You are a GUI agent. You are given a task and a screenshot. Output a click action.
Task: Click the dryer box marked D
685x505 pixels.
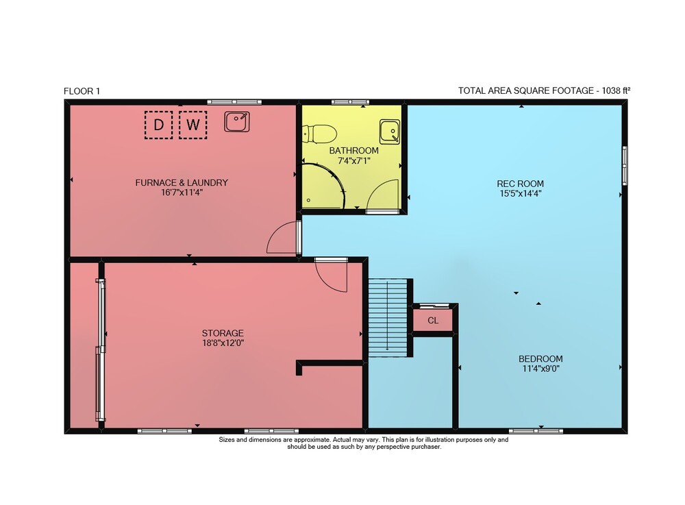[x=158, y=125]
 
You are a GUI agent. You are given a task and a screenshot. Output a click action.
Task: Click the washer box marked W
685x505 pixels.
[x=192, y=125]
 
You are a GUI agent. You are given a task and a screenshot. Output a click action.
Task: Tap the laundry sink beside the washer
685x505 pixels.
[x=237, y=121]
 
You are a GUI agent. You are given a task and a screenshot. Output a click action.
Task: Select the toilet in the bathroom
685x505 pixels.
[x=319, y=134]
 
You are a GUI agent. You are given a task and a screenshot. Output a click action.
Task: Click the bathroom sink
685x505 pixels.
[x=390, y=132]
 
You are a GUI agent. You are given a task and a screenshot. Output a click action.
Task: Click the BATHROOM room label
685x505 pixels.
[x=354, y=151]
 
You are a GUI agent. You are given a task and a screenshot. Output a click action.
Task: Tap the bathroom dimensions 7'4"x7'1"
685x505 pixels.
[x=354, y=161]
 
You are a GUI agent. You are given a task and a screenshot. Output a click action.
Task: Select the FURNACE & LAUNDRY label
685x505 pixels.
[x=182, y=182]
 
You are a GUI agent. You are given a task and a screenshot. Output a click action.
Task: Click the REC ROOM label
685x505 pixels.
[x=521, y=184]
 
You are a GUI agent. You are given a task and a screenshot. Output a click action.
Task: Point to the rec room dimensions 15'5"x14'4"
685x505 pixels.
[x=521, y=193]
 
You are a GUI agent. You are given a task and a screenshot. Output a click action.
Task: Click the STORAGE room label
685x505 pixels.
[x=223, y=333]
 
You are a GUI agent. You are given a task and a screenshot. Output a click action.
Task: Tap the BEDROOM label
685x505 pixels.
[x=540, y=358]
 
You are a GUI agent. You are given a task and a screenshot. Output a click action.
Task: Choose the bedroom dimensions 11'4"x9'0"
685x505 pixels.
[x=541, y=369]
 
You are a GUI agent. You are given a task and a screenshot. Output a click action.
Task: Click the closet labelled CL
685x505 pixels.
[x=433, y=320]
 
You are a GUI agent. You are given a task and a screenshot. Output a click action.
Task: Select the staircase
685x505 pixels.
[x=388, y=317]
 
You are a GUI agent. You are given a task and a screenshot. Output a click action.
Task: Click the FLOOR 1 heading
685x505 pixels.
[x=82, y=91]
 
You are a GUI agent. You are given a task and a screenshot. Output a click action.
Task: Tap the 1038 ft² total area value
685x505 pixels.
[x=616, y=90]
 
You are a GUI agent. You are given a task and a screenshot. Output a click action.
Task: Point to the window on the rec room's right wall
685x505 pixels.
[x=625, y=166]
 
